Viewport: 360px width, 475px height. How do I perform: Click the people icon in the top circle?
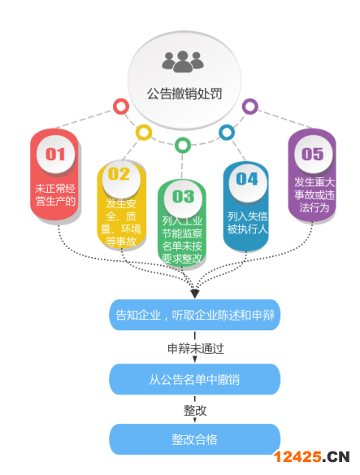[x=183, y=62]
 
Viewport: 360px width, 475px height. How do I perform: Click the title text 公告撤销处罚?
[x=184, y=94]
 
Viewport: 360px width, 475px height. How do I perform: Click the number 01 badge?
[x=55, y=154]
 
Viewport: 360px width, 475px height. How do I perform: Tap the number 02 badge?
[x=121, y=175]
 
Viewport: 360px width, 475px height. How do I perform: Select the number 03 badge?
[x=183, y=197]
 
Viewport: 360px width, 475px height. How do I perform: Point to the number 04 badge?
[x=248, y=179]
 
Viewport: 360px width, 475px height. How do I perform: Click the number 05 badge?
[x=313, y=154]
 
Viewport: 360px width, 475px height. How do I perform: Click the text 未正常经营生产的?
[x=55, y=194]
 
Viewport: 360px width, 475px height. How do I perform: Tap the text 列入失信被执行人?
[x=247, y=223]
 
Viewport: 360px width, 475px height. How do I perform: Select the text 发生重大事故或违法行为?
[x=314, y=194]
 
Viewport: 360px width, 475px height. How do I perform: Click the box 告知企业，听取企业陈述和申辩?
[x=195, y=315]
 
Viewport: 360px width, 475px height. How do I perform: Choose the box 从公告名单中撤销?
[x=195, y=379]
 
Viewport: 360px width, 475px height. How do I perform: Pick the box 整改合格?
[x=195, y=439]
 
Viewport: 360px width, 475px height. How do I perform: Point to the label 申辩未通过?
[x=196, y=348]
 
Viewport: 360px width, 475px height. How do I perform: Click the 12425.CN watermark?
[x=312, y=457]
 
